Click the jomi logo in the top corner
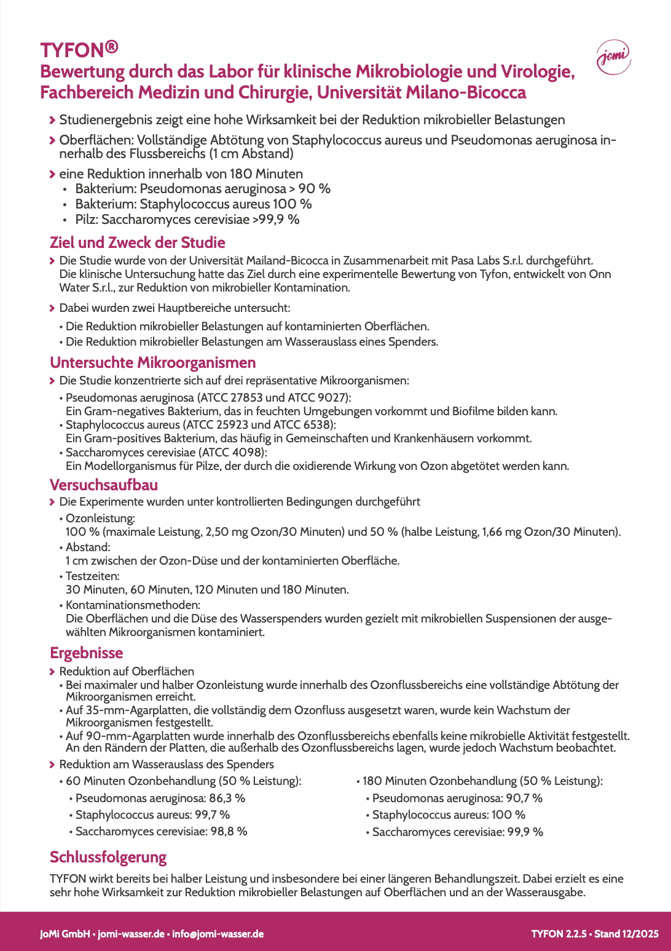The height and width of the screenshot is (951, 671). pos(613,58)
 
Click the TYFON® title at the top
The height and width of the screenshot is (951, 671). pos(79,49)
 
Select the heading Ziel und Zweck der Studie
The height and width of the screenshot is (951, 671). pos(137,242)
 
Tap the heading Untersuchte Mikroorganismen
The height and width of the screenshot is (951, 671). pos(152,362)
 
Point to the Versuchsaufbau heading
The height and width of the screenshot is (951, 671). pos(103,485)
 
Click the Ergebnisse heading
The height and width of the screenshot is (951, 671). pos(86,653)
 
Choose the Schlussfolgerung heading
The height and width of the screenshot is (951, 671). pos(108,857)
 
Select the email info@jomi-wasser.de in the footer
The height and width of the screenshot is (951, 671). pos(218,934)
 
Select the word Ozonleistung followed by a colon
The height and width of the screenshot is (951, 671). pos(100,518)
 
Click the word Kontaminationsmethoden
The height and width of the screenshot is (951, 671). pos(133,605)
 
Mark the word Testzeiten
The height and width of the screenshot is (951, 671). pos(92,576)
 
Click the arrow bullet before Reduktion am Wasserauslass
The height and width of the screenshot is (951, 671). pos(52,764)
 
